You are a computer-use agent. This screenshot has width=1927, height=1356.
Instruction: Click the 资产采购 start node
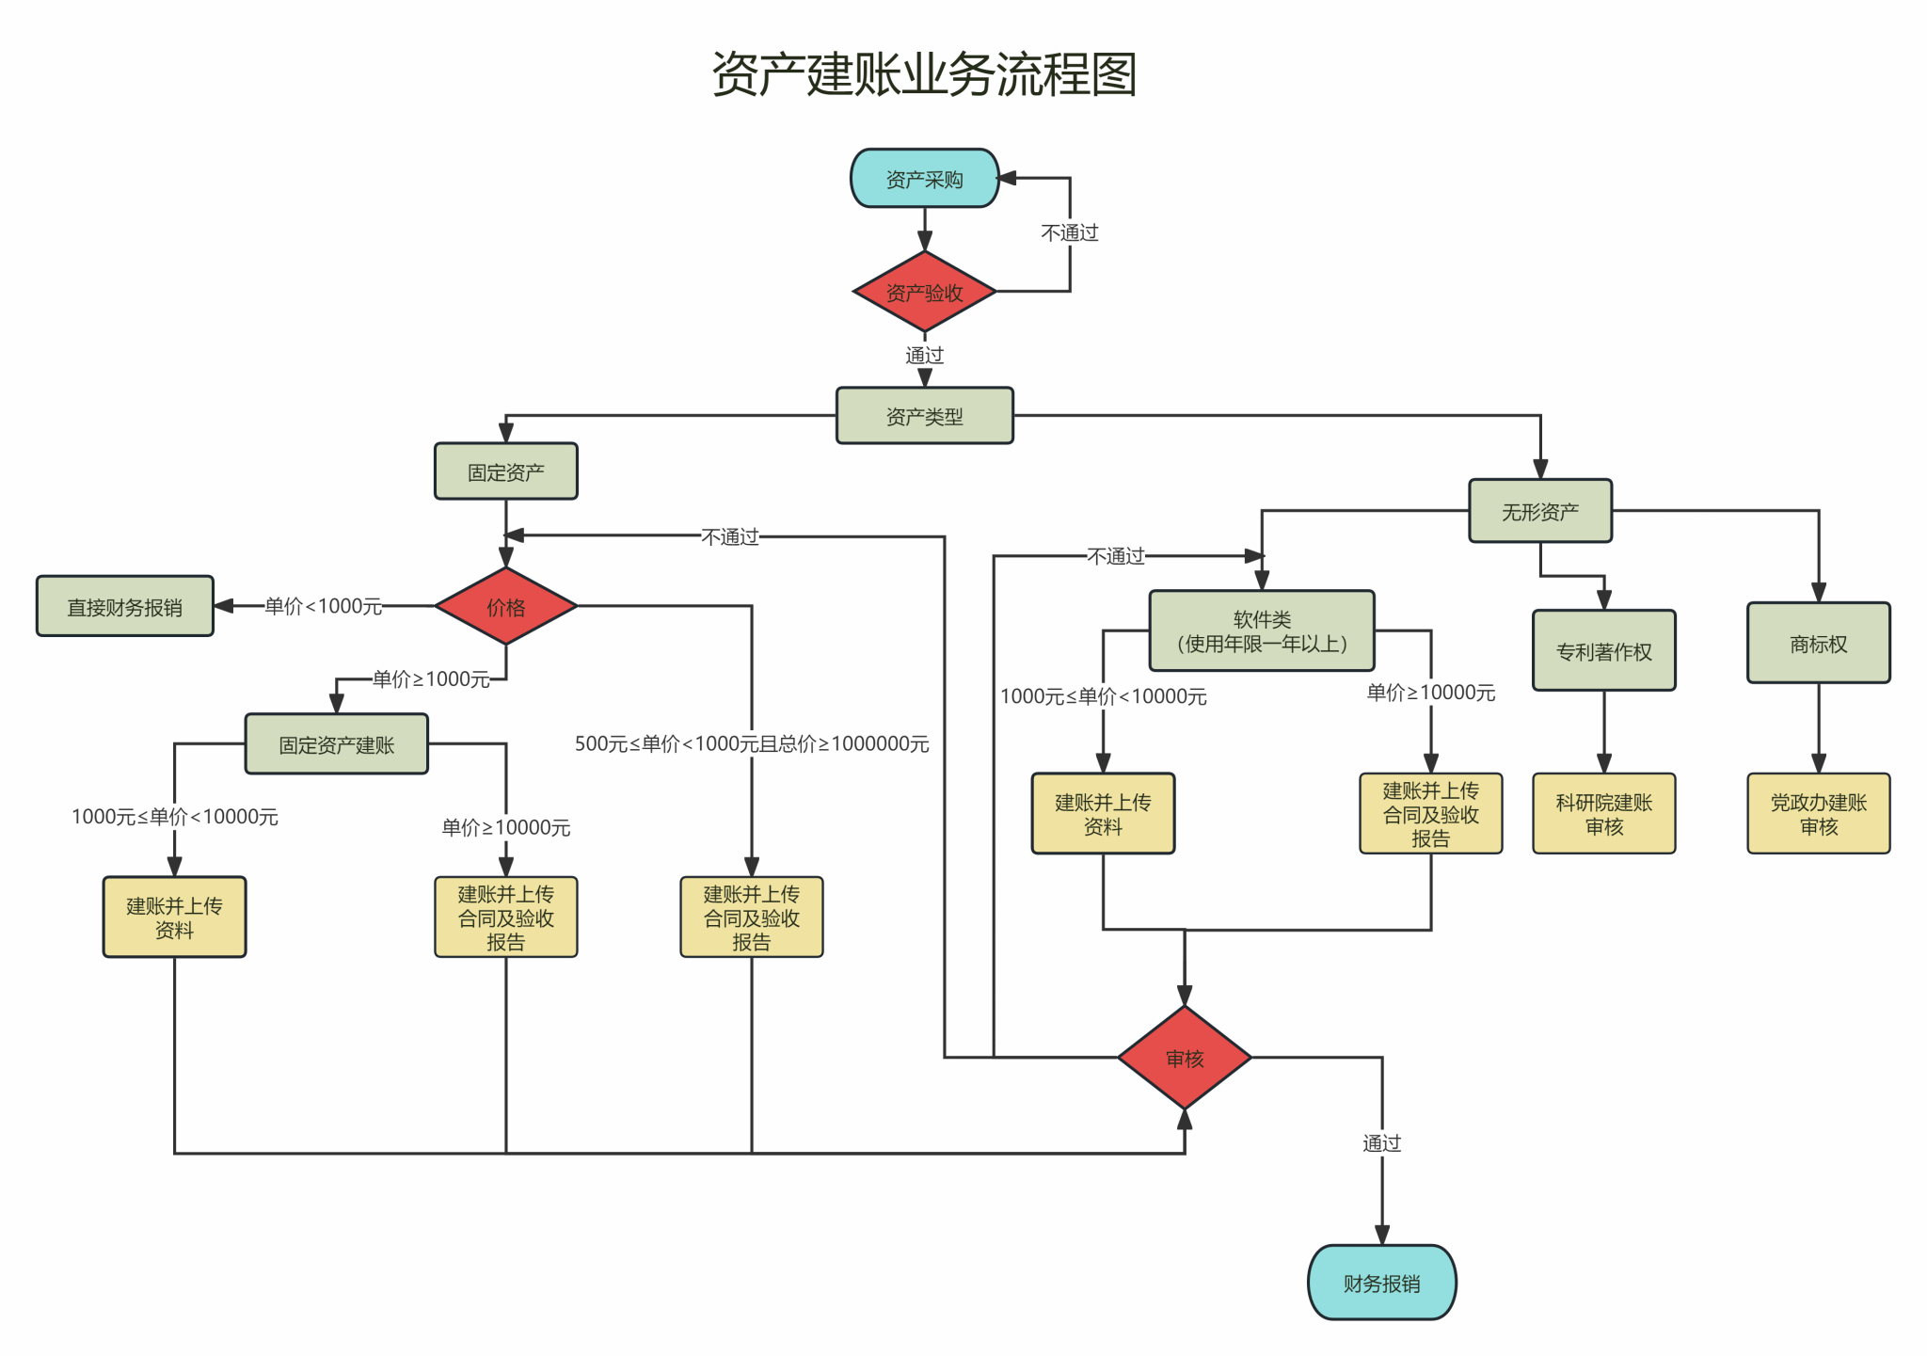pyautogui.click(x=924, y=179)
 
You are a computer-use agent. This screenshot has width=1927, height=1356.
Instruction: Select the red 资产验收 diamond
pyautogui.click(x=924, y=293)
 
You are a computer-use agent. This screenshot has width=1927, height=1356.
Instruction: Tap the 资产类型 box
pyautogui.click(x=924, y=416)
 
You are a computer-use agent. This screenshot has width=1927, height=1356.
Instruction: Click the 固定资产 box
pyautogui.click(x=505, y=471)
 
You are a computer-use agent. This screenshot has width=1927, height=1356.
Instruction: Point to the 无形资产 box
pyautogui.click(x=1539, y=511)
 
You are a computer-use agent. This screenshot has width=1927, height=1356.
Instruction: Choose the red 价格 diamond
pyautogui.click(x=505, y=607)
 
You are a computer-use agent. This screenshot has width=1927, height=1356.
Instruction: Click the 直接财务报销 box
pyautogui.click(x=125, y=607)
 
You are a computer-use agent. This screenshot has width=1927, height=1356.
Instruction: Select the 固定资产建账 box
pyautogui.click(x=336, y=744)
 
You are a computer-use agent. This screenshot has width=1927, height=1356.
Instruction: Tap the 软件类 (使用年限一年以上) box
pyautogui.click(x=1261, y=631)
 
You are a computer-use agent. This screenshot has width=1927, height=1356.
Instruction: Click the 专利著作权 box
pyautogui.click(x=1603, y=651)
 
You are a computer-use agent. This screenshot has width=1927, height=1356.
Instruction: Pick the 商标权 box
pyautogui.click(x=1818, y=644)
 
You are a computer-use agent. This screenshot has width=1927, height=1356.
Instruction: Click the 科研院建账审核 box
pyautogui.click(x=1603, y=814)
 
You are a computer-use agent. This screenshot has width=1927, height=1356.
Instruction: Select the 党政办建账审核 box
pyautogui.click(x=1818, y=814)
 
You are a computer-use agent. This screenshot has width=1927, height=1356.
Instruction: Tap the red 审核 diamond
pyautogui.click(x=1184, y=1059)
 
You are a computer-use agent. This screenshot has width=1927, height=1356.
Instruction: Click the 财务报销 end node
pyautogui.click(x=1381, y=1283)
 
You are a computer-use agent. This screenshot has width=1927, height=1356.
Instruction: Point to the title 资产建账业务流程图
pyautogui.click(x=924, y=73)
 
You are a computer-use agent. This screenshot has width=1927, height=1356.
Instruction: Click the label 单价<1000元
pyautogui.click(x=323, y=606)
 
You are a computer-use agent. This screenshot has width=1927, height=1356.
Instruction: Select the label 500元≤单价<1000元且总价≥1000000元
pyautogui.click(x=751, y=743)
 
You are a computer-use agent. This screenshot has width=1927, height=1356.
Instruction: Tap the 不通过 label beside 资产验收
pyautogui.click(x=1069, y=232)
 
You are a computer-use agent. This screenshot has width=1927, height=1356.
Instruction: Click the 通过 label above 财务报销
pyautogui.click(x=1381, y=1143)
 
